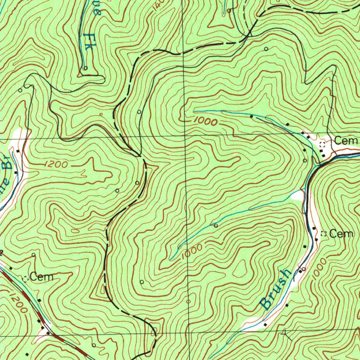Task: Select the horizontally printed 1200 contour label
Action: tap(56, 164)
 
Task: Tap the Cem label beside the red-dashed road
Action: tap(41, 277)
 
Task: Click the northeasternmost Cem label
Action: tap(346, 141)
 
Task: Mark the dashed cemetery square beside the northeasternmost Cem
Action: tap(322, 144)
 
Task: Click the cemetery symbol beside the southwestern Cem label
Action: tap(25, 279)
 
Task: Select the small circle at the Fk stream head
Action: tap(85, 68)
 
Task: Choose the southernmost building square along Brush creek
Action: tap(265, 324)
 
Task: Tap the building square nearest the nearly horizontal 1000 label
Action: tap(251, 116)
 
